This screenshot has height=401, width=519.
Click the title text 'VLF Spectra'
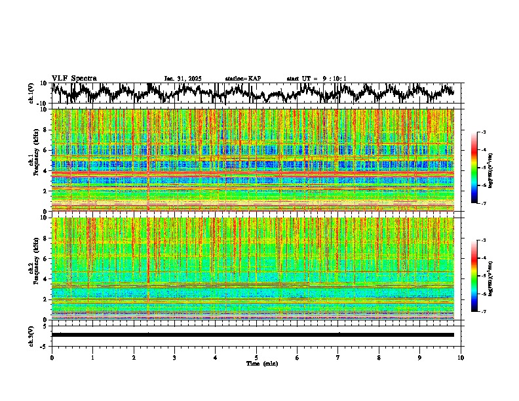coord(74,78)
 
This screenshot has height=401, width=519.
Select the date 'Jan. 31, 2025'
coord(183,79)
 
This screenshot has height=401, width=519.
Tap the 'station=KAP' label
coord(242,79)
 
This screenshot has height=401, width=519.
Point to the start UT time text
coord(317,79)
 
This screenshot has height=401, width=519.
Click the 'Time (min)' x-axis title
coord(261,364)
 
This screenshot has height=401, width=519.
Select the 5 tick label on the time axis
coord(256,358)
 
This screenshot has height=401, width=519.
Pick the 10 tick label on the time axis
coord(461,358)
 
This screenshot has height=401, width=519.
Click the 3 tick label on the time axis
coord(174,358)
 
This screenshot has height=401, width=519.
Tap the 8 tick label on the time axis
coord(379,358)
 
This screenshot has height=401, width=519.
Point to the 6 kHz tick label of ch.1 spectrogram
coord(45,150)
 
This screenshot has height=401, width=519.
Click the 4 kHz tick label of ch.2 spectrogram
coord(45,279)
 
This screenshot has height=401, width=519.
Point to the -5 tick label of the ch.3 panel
coord(44,345)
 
